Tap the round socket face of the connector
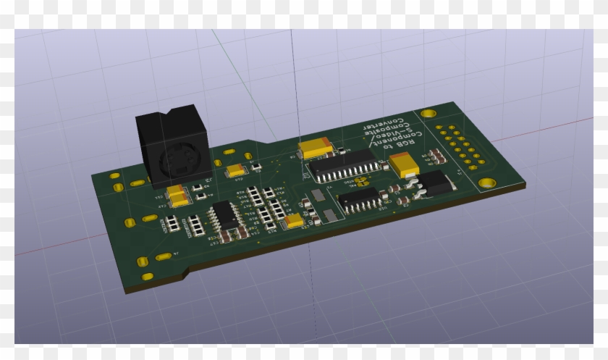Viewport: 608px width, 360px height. coord(176,161)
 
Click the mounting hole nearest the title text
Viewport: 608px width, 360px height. coord(428,114)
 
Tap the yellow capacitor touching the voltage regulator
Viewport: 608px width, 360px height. coord(405,167)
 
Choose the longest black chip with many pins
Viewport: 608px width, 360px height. coord(343,165)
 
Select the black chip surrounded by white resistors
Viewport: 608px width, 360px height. coord(223,214)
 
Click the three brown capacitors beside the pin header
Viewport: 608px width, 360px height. coord(437,155)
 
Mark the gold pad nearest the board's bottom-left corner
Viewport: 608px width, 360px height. coord(147,277)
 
